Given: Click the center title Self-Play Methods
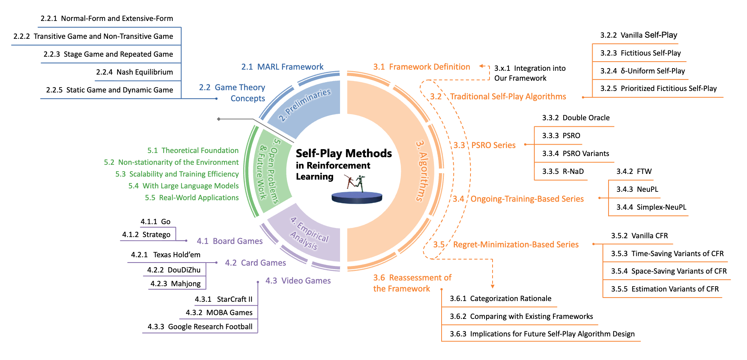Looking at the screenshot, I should (343, 153).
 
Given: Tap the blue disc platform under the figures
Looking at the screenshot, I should (357, 198).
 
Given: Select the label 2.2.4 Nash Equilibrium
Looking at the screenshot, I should (134, 72).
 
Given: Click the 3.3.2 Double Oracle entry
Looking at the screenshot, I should (575, 118).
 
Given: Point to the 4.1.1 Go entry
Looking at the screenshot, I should (155, 221).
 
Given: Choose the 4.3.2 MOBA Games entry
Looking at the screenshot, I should (219, 312).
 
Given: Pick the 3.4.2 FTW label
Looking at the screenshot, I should (634, 171).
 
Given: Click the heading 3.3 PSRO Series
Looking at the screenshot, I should (484, 145).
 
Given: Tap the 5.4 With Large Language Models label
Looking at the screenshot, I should (183, 186).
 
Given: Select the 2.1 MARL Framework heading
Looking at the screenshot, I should (282, 67).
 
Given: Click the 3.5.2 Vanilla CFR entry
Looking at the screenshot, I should (639, 236).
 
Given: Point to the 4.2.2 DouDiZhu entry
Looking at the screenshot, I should (173, 270).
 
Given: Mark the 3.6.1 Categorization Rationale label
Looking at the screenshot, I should (500, 298).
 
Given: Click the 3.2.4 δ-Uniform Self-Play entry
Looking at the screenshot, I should (642, 71).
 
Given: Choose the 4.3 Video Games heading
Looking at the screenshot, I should (298, 280).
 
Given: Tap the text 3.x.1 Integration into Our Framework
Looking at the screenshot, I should (529, 73).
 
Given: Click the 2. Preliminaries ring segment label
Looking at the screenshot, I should (304, 105).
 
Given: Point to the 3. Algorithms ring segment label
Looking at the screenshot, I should (422, 171).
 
